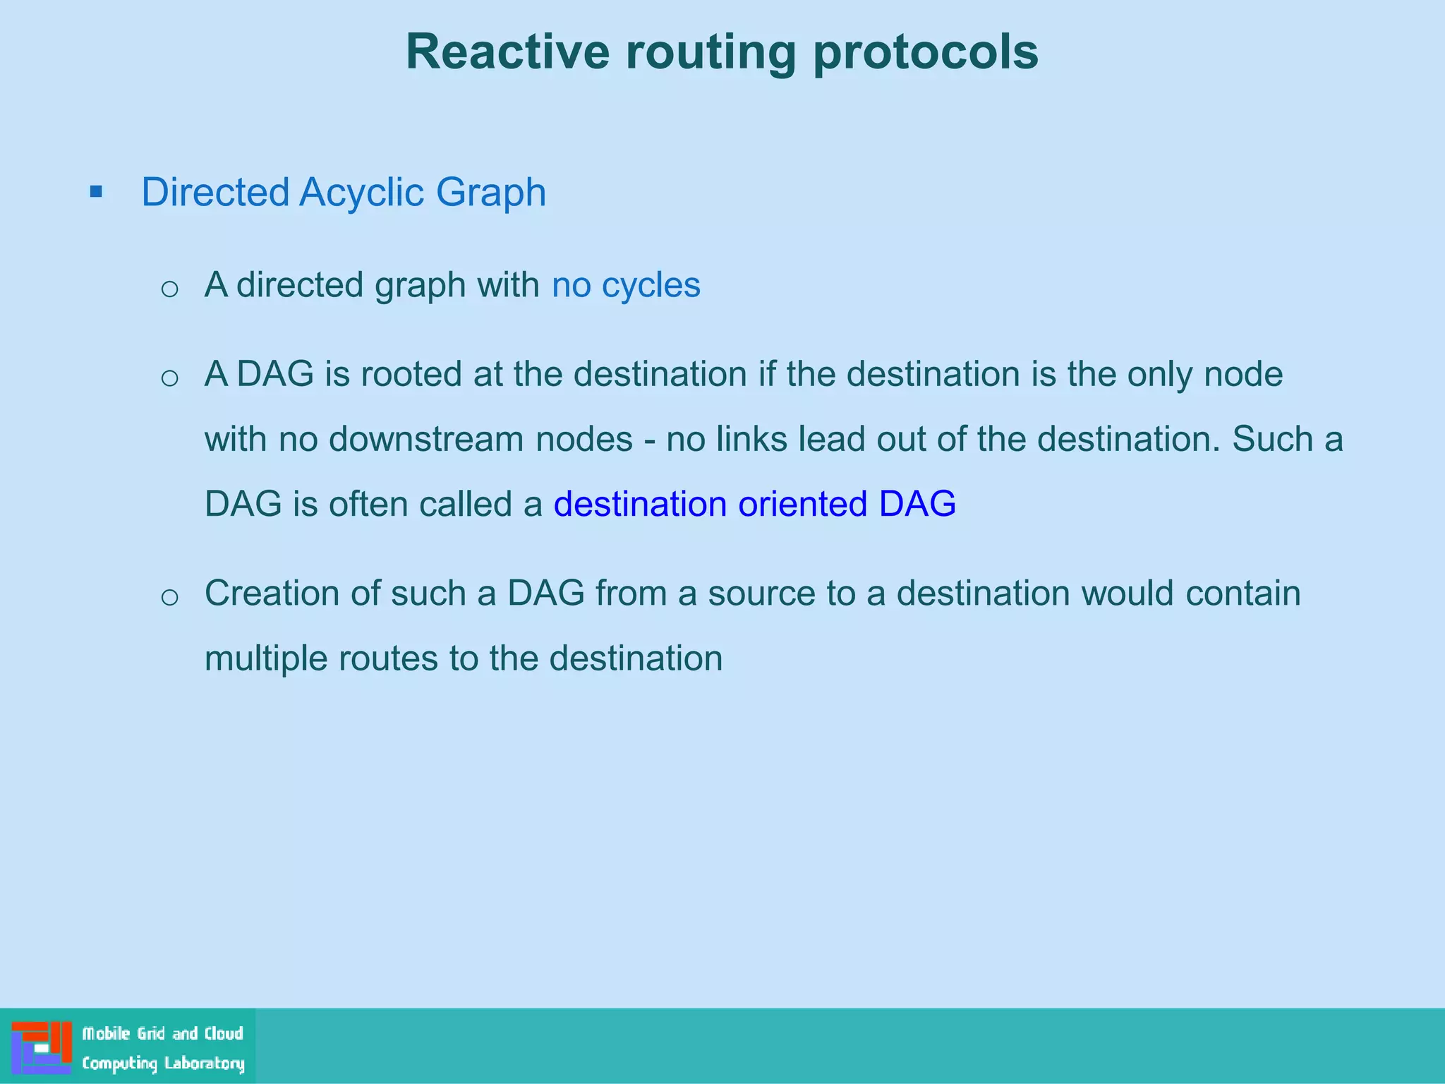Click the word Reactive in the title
pyautogui.click(x=507, y=52)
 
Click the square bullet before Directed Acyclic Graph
pyautogui.click(x=97, y=192)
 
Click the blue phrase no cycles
pyautogui.click(x=626, y=285)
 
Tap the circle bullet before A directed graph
pyautogui.click(x=169, y=289)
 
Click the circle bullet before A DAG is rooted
pyautogui.click(x=169, y=378)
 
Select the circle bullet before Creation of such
pyautogui.click(x=169, y=597)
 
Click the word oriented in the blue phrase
pyautogui.click(x=802, y=504)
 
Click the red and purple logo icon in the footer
pyautogui.click(x=41, y=1047)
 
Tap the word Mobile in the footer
pyautogui.click(x=107, y=1034)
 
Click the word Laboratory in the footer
pyautogui.click(x=205, y=1064)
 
